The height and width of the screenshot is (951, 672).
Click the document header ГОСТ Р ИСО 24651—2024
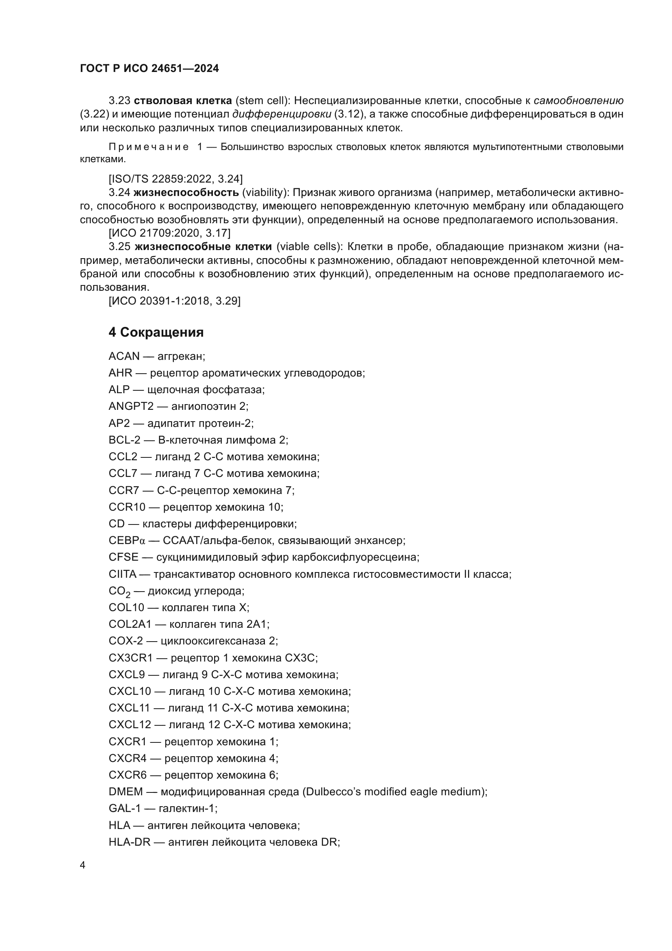point(150,69)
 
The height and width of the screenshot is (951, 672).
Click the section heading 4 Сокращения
point(156,332)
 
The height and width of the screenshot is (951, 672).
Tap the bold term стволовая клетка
point(183,101)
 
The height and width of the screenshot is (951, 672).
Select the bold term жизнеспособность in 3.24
point(186,192)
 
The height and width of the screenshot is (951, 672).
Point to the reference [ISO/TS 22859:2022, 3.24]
point(176,179)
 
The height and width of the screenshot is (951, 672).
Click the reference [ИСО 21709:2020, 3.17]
point(170,233)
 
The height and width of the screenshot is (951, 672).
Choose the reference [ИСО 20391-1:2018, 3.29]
point(175,301)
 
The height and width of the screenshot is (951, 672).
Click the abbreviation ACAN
point(124,356)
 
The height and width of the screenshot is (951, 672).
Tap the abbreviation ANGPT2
point(131,406)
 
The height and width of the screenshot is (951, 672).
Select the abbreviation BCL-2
point(125,440)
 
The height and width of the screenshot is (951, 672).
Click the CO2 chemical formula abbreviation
point(119,592)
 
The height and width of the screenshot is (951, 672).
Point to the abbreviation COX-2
point(126,641)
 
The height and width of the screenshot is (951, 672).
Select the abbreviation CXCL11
point(130,708)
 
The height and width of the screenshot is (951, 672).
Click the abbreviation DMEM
point(126,792)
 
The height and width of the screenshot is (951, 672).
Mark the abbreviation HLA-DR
point(130,842)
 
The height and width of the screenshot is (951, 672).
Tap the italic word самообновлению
point(579,101)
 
